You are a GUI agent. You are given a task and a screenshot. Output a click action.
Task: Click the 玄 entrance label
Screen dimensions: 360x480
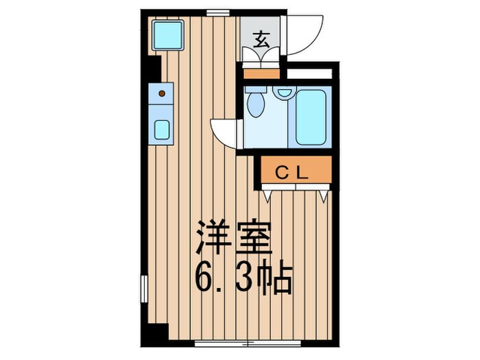tap(261, 38)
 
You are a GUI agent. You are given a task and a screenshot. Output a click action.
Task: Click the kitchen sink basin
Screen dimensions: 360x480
tap(163, 130)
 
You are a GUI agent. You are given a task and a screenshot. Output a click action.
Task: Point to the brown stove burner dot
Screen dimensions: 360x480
tap(162, 93)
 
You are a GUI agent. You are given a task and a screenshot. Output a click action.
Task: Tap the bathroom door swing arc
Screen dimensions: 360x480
tap(223, 132)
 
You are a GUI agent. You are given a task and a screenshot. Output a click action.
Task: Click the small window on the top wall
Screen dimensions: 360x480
tap(218, 12)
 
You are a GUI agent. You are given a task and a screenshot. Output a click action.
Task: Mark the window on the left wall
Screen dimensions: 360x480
tap(144, 288)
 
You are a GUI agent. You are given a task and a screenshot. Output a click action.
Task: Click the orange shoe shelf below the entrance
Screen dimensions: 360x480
tap(261, 73)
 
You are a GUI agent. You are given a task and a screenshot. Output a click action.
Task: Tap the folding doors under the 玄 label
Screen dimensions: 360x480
tap(261, 58)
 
